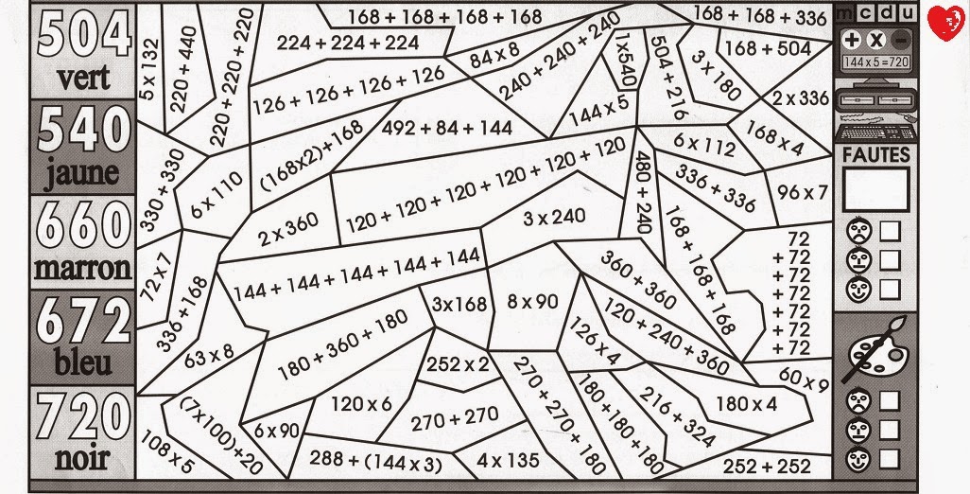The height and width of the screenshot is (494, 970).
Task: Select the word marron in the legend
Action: [x=82, y=269]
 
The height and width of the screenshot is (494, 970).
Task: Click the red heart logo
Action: [x=943, y=21]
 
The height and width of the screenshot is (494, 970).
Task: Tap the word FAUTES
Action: [x=875, y=154]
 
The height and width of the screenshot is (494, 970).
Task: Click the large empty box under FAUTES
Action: [x=875, y=188]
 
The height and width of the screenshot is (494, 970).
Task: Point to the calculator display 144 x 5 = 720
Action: [x=875, y=60]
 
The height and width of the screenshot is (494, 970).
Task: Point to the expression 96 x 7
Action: [x=803, y=192]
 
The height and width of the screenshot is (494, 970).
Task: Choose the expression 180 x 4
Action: [x=746, y=404]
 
